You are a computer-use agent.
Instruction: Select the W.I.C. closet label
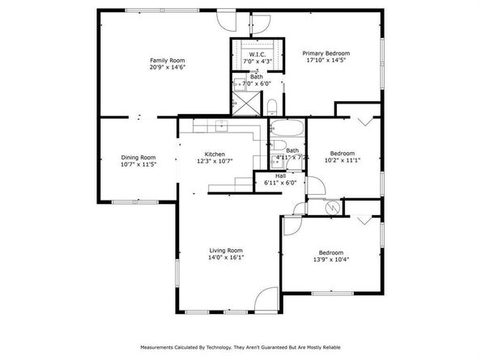[258, 54]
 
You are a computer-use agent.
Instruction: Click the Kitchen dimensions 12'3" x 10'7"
[214, 161]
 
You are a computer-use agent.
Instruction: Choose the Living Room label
[226, 250]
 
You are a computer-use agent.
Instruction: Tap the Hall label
[280, 176]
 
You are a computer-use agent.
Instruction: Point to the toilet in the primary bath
[273, 106]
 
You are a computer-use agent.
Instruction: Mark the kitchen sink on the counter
[219, 125]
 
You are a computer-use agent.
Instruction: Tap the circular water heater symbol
[330, 207]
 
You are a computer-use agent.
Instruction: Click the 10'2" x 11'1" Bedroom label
[343, 153]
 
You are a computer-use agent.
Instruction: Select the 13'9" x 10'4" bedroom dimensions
[330, 259]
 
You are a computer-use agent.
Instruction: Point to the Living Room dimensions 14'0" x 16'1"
[226, 257]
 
